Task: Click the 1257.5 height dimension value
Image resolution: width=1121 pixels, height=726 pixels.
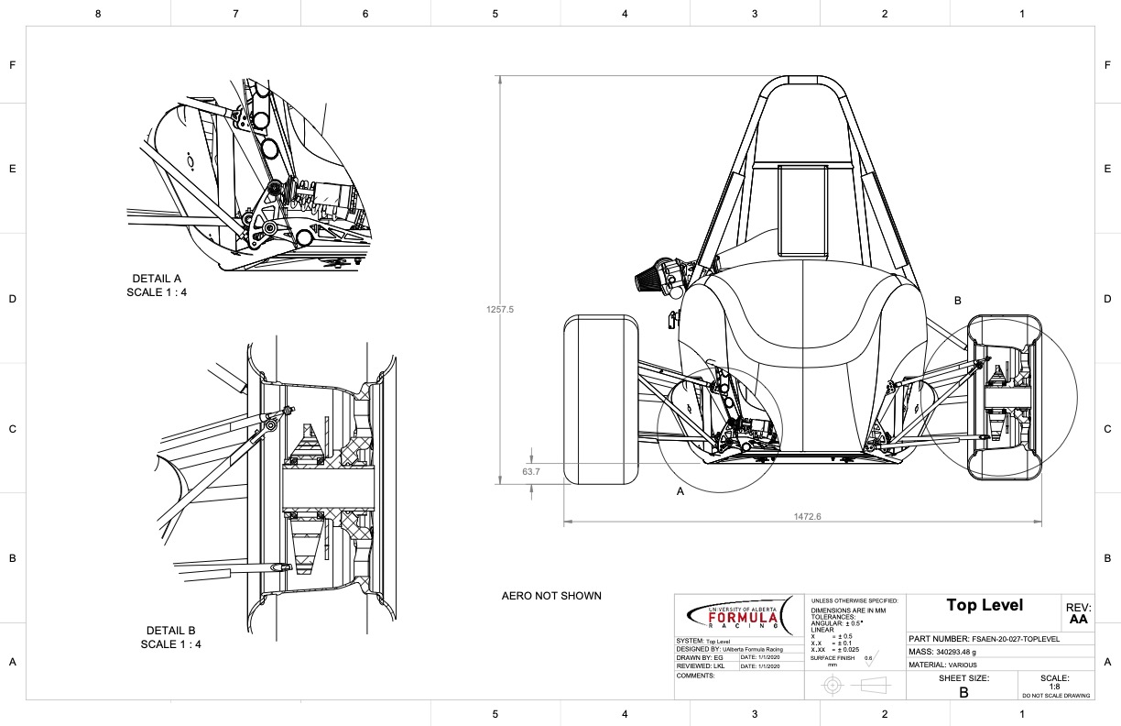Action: pos(500,310)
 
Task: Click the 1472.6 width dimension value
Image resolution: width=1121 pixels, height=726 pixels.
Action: pos(807,516)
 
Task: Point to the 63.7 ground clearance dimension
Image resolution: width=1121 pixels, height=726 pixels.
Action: pos(531,472)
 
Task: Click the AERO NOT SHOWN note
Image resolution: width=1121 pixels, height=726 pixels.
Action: pos(551,596)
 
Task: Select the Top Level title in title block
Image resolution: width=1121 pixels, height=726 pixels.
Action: pos(985,605)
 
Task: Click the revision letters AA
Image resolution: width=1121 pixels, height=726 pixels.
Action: pos(1078,620)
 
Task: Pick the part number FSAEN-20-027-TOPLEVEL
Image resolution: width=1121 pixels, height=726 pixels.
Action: pos(985,639)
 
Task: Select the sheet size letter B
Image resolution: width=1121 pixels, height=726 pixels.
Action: pos(963,693)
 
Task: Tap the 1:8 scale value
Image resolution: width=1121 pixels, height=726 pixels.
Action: pos(1054,686)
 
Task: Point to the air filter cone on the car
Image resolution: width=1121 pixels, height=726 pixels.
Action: pos(649,276)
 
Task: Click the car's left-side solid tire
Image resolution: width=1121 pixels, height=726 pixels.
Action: pos(601,399)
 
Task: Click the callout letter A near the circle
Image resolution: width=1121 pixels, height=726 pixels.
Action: pos(680,491)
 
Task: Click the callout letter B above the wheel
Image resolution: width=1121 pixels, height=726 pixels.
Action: pos(958,301)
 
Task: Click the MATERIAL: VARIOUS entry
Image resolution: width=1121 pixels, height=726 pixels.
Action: pos(943,665)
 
